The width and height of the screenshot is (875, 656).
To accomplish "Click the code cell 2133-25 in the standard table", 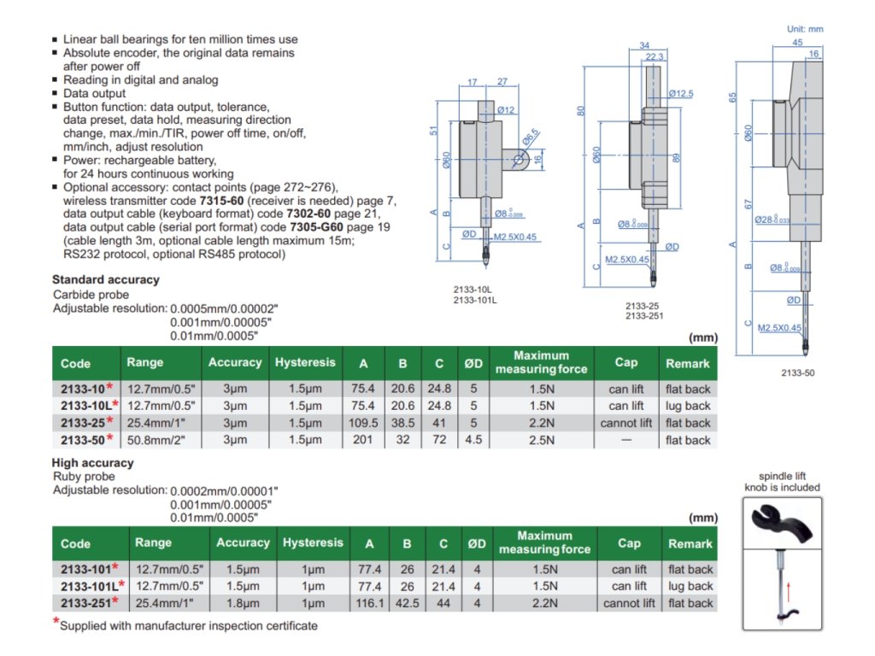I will pyautogui.click(x=83, y=423).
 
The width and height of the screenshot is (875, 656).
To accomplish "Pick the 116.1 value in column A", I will pyautogui.click(x=369, y=603).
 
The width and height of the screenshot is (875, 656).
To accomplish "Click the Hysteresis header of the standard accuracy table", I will pyautogui.click(x=305, y=363).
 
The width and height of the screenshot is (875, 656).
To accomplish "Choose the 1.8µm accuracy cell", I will pyautogui.click(x=243, y=603).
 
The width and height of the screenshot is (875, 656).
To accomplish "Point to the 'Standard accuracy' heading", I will pyautogui.click(x=105, y=279).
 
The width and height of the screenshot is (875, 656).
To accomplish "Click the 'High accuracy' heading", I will pyautogui.click(x=93, y=463).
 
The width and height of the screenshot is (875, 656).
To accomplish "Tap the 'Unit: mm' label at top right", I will pyautogui.click(x=804, y=29).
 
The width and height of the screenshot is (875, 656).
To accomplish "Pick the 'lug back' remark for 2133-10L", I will pyautogui.click(x=689, y=406).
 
